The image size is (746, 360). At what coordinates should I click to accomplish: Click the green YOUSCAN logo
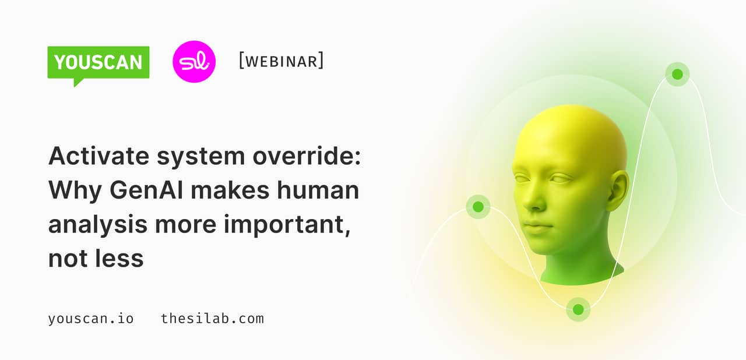coord(98,62)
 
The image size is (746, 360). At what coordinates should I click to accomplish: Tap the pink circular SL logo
coord(194,61)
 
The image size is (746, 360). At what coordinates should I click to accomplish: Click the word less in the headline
coord(118,258)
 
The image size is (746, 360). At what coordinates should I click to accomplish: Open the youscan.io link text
coord(91,319)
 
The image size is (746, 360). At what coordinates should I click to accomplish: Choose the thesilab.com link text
coord(212,319)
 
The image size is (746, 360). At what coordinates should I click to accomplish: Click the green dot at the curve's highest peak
coord(677,75)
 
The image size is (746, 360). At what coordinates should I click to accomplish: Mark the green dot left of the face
coord(478,207)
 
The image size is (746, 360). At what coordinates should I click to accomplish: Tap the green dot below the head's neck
coord(578,309)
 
